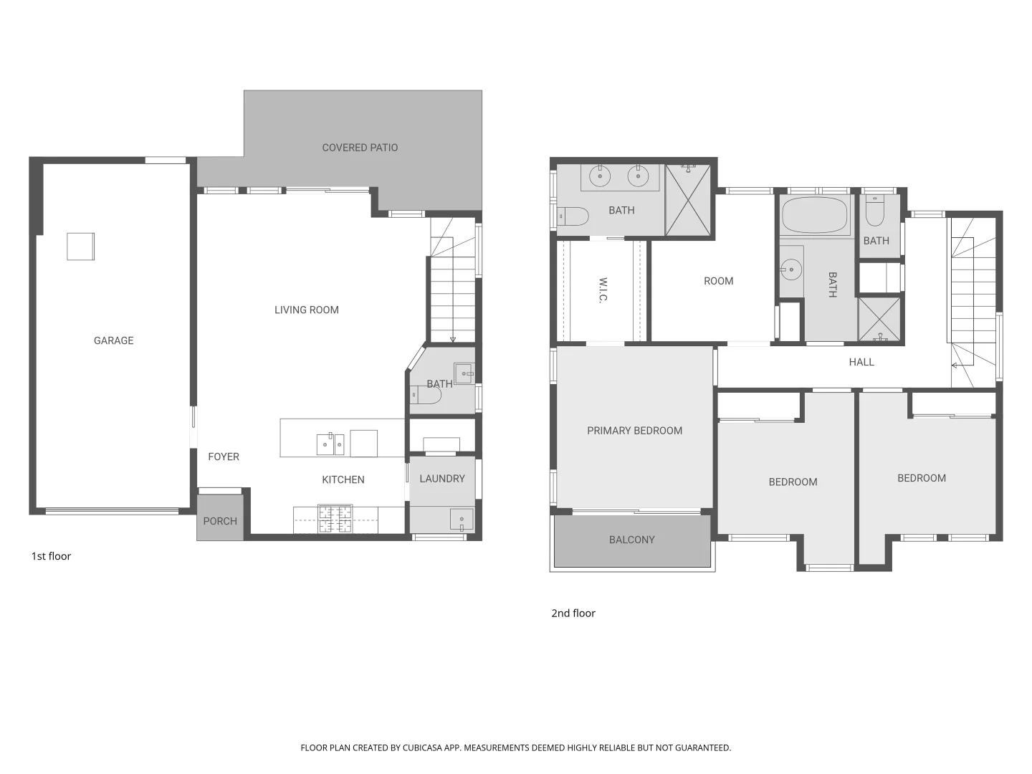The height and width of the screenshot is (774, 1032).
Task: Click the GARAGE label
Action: pos(113,340)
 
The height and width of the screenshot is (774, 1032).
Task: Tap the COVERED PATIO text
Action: pos(360,148)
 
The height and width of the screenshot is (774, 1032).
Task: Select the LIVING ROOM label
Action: pos(306,310)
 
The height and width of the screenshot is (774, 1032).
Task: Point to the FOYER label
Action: pos(223,457)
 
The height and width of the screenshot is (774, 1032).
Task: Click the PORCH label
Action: pos(219,521)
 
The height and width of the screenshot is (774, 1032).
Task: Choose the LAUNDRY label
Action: pos(441,479)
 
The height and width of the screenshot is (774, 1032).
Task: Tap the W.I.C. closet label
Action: pos(603,290)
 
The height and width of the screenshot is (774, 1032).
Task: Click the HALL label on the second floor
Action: pos(861,362)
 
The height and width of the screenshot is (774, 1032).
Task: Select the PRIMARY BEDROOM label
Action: pos(634,431)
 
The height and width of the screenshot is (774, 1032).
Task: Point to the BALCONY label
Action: pos(631,540)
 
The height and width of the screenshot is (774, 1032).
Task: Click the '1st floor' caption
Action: pos(51,556)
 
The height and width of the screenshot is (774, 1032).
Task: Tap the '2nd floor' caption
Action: pos(573,613)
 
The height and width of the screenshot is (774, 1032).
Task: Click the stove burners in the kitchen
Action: pos(335,520)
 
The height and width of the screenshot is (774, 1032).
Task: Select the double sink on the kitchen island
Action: pos(330,444)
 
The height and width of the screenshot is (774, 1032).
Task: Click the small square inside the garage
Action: pos(80,247)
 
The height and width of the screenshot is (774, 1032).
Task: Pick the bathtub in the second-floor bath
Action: pos(814,215)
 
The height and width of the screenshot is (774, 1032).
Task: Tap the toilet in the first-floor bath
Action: pos(424,395)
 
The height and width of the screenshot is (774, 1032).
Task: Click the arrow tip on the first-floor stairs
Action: pos(453,340)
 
